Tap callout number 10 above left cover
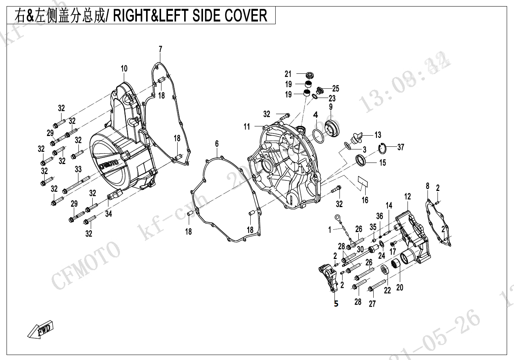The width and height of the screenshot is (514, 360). pos(124,69)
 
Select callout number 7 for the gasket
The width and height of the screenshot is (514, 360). pos(160,49)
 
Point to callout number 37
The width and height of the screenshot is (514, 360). pos(401,147)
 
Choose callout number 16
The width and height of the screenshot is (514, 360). pos(365,200)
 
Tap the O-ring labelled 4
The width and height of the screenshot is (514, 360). pos(318,135)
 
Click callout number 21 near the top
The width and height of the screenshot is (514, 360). pos(288,74)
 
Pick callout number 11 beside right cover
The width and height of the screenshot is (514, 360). pos(246,126)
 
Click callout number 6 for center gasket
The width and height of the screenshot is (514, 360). pos(217,144)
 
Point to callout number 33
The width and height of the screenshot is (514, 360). pos(78,169)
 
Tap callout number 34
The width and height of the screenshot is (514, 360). pos(109,214)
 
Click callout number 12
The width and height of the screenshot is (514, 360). pos(408,197)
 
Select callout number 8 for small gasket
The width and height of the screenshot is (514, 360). pos(428,186)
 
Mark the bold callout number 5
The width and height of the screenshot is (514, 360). pos(336,304)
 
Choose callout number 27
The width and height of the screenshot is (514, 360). pos(372,304)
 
